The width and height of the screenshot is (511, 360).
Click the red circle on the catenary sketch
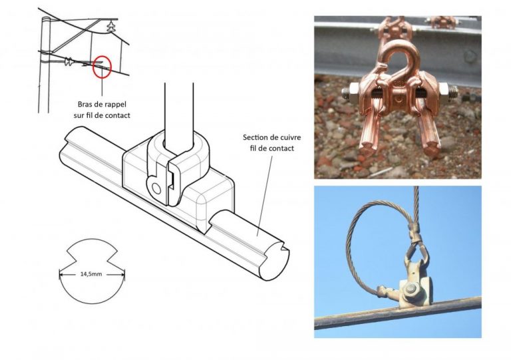[93, 67]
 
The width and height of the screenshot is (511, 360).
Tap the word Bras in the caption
[85, 104]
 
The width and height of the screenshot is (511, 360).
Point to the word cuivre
[290, 138]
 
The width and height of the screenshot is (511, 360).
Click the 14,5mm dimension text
[91, 274]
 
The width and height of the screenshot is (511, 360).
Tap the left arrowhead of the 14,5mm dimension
[62, 274]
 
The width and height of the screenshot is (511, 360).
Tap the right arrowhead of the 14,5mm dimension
[122, 274]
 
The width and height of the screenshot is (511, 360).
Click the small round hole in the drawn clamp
[156, 189]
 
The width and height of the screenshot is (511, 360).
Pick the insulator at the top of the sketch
[112, 27]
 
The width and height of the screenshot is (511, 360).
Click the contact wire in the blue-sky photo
[398, 313]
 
